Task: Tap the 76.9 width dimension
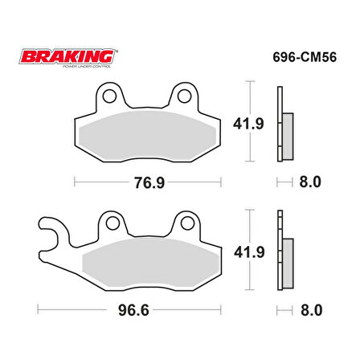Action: point(149,182)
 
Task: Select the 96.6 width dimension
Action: point(149,309)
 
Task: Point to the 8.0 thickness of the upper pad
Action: point(309,182)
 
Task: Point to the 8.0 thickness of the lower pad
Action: point(309,309)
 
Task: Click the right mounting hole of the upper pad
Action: point(185,97)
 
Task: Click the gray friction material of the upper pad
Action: point(149,133)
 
